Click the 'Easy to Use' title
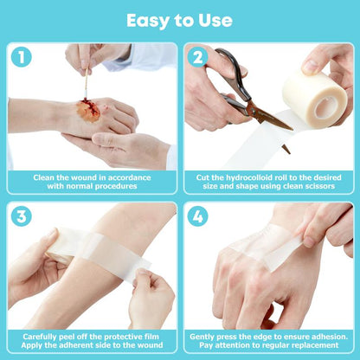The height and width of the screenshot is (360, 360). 179,19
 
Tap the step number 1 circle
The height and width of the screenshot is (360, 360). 22,59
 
